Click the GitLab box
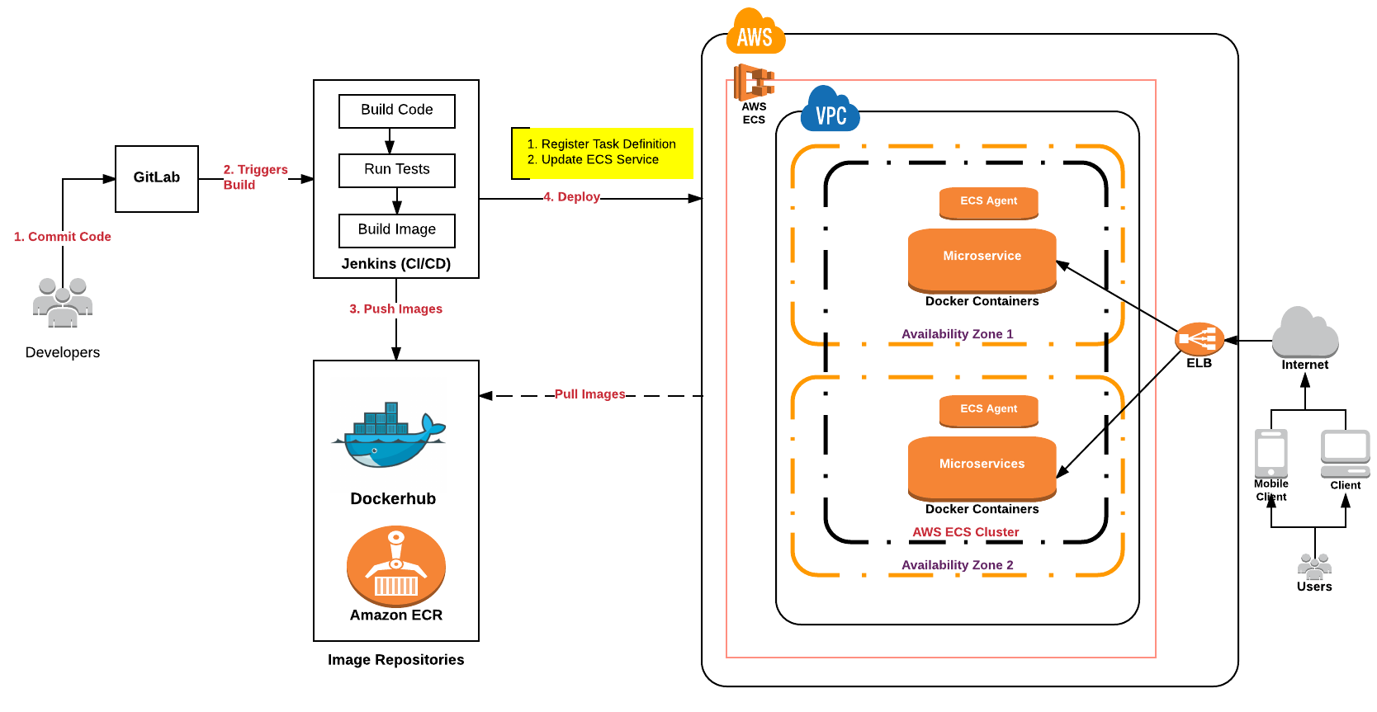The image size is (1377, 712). pyautogui.click(x=157, y=178)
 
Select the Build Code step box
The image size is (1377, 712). pyautogui.click(x=396, y=111)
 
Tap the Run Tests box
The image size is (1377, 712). pyautogui.click(x=396, y=170)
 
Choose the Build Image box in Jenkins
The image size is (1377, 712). pyautogui.click(x=396, y=230)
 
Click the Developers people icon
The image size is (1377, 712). pyautogui.click(x=63, y=303)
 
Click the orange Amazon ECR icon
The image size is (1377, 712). pyautogui.click(x=396, y=565)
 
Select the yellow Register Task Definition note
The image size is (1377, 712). pyautogui.click(x=603, y=153)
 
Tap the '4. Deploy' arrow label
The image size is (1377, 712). pyautogui.click(x=571, y=197)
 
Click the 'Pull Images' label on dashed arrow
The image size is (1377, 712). pyautogui.click(x=589, y=394)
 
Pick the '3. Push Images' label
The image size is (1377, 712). pyautogui.click(x=395, y=309)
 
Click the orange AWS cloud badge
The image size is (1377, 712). pyautogui.click(x=755, y=33)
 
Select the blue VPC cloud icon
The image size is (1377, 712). pyautogui.click(x=830, y=111)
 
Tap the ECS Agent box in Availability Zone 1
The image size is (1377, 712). pyautogui.click(x=988, y=202)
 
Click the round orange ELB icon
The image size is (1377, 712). pyautogui.click(x=1199, y=338)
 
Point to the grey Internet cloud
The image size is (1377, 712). pyautogui.click(x=1304, y=332)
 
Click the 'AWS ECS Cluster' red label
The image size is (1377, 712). pyautogui.click(x=965, y=532)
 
